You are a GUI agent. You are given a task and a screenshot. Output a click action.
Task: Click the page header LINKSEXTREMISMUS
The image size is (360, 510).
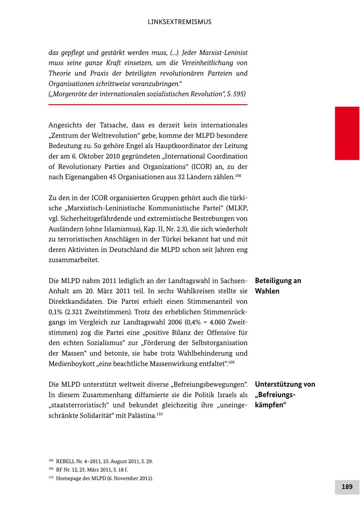pyautogui.click(x=180, y=22)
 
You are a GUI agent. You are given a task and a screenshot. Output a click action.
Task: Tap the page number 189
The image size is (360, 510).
pyautogui.click(x=347, y=487)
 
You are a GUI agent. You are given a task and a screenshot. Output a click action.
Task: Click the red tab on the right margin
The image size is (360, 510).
pyautogui.click(x=347, y=133)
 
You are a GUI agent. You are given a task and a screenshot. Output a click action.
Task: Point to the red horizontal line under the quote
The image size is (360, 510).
pyautogui.click(x=148, y=105)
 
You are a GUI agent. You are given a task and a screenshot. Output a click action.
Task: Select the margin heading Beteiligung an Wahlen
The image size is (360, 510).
pyautogui.click(x=278, y=286)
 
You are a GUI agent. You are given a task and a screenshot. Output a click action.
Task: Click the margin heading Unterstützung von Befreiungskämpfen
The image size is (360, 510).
pyautogui.click(x=285, y=394)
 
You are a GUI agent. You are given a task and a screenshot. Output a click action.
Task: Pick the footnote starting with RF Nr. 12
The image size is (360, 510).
pyautogui.click(x=92, y=470)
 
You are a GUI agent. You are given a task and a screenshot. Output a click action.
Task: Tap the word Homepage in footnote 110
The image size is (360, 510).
pyautogui.click(x=67, y=478)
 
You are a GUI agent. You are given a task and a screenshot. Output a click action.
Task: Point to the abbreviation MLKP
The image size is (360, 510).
pyautogui.click(x=238, y=208)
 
